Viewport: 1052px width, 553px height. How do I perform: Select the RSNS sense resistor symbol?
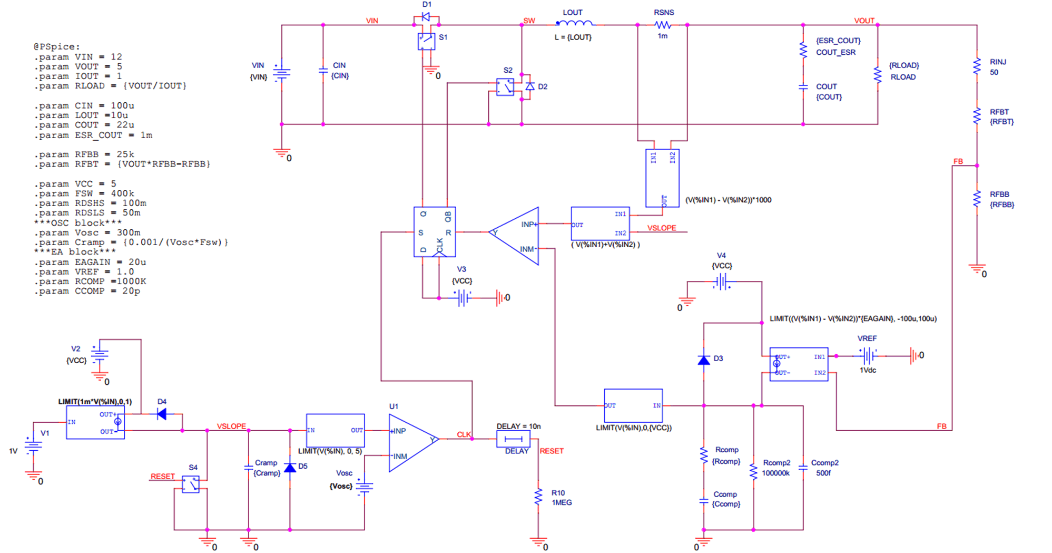click(662, 25)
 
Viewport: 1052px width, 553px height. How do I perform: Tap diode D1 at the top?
click(426, 17)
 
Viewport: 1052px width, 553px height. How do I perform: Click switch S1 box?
click(426, 41)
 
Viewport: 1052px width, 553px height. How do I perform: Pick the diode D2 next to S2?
click(530, 86)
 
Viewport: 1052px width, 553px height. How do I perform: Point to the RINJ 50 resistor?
click(977, 66)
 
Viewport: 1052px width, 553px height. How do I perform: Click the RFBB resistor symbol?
click(977, 199)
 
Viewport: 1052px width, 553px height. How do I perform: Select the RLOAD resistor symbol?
click(877, 74)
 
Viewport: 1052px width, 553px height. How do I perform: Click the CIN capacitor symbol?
click(323, 71)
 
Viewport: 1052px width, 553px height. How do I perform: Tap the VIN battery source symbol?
click(281, 73)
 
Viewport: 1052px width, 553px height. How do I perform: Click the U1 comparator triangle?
click(411, 442)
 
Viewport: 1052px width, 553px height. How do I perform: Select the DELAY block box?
click(513, 439)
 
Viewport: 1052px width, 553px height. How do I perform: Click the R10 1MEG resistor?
click(538, 497)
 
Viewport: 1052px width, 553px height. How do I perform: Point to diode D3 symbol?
click(703, 360)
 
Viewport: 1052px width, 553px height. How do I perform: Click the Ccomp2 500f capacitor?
click(802, 468)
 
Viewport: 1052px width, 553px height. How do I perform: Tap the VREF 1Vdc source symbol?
click(868, 356)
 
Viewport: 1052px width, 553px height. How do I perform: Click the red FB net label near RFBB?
click(958, 161)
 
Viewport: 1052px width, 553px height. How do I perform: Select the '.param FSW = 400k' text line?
click(84, 193)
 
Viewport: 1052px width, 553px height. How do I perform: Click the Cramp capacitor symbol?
click(248, 468)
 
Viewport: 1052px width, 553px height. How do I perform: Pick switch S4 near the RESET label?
click(190, 484)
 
